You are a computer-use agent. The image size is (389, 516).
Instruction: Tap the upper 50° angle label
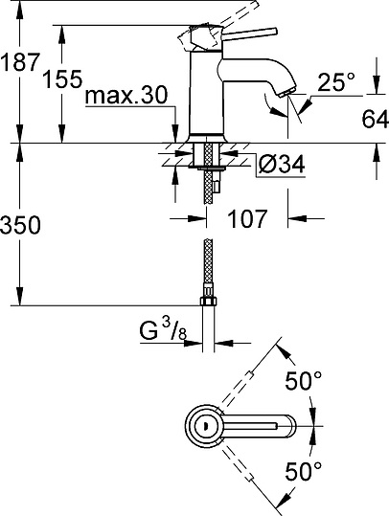304,382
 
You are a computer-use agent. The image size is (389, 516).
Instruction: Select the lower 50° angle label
304,472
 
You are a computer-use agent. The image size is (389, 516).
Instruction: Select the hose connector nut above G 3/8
210,307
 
